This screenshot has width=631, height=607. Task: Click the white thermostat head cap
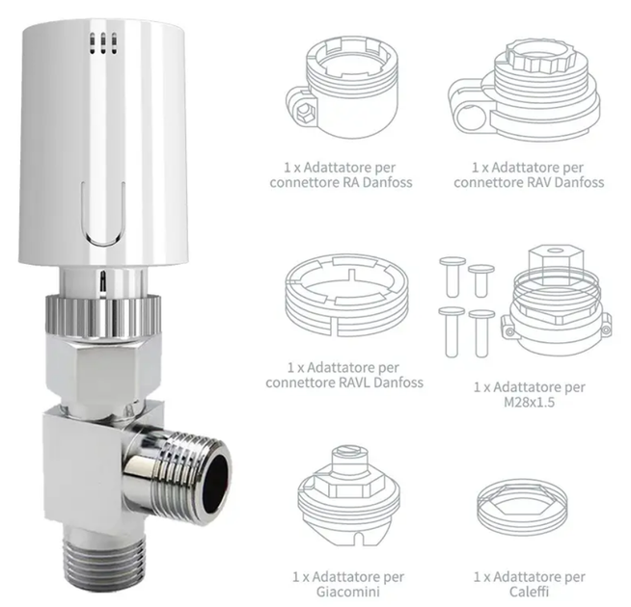point(104,145)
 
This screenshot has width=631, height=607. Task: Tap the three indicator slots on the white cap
point(103,43)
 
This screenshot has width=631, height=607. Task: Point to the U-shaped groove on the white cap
point(103,213)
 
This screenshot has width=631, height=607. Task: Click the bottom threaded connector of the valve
point(103,559)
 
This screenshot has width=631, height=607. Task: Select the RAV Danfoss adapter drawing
point(524,90)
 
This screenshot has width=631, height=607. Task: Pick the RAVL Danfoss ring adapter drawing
point(347,296)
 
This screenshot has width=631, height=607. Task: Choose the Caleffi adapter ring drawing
point(523,508)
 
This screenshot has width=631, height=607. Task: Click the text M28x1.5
point(529,402)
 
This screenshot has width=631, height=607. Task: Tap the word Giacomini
point(348,592)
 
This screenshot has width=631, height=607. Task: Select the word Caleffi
point(529,592)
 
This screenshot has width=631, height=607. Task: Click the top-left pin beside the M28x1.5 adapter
point(453,277)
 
